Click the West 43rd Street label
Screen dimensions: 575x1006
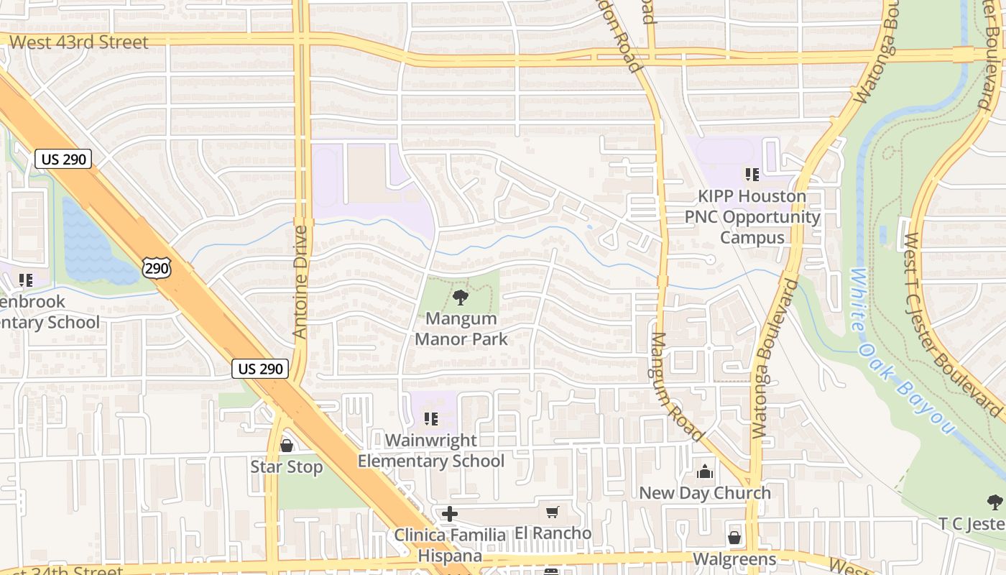click(x=79, y=42)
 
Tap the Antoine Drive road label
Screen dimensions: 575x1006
click(x=300, y=282)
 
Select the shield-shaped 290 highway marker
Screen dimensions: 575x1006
click(x=156, y=267)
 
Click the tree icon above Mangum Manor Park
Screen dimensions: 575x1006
click(x=460, y=297)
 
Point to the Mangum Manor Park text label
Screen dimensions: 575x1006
click(x=461, y=328)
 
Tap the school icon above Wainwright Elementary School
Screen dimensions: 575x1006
click(x=431, y=418)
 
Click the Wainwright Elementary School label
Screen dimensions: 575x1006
click(x=431, y=451)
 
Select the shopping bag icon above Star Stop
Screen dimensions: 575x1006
click(x=286, y=446)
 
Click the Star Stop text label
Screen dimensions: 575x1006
click(x=286, y=467)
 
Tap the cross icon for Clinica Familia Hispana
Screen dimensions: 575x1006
click(x=450, y=514)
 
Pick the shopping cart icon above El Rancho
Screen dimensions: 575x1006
click(x=552, y=512)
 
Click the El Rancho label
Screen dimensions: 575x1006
click(x=553, y=533)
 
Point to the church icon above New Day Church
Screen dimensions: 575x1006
click(x=705, y=471)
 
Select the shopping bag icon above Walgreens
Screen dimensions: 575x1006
click(x=734, y=538)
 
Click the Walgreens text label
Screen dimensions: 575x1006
click(x=734, y=559)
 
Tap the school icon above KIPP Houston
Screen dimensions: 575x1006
click(x=752, y=174)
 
